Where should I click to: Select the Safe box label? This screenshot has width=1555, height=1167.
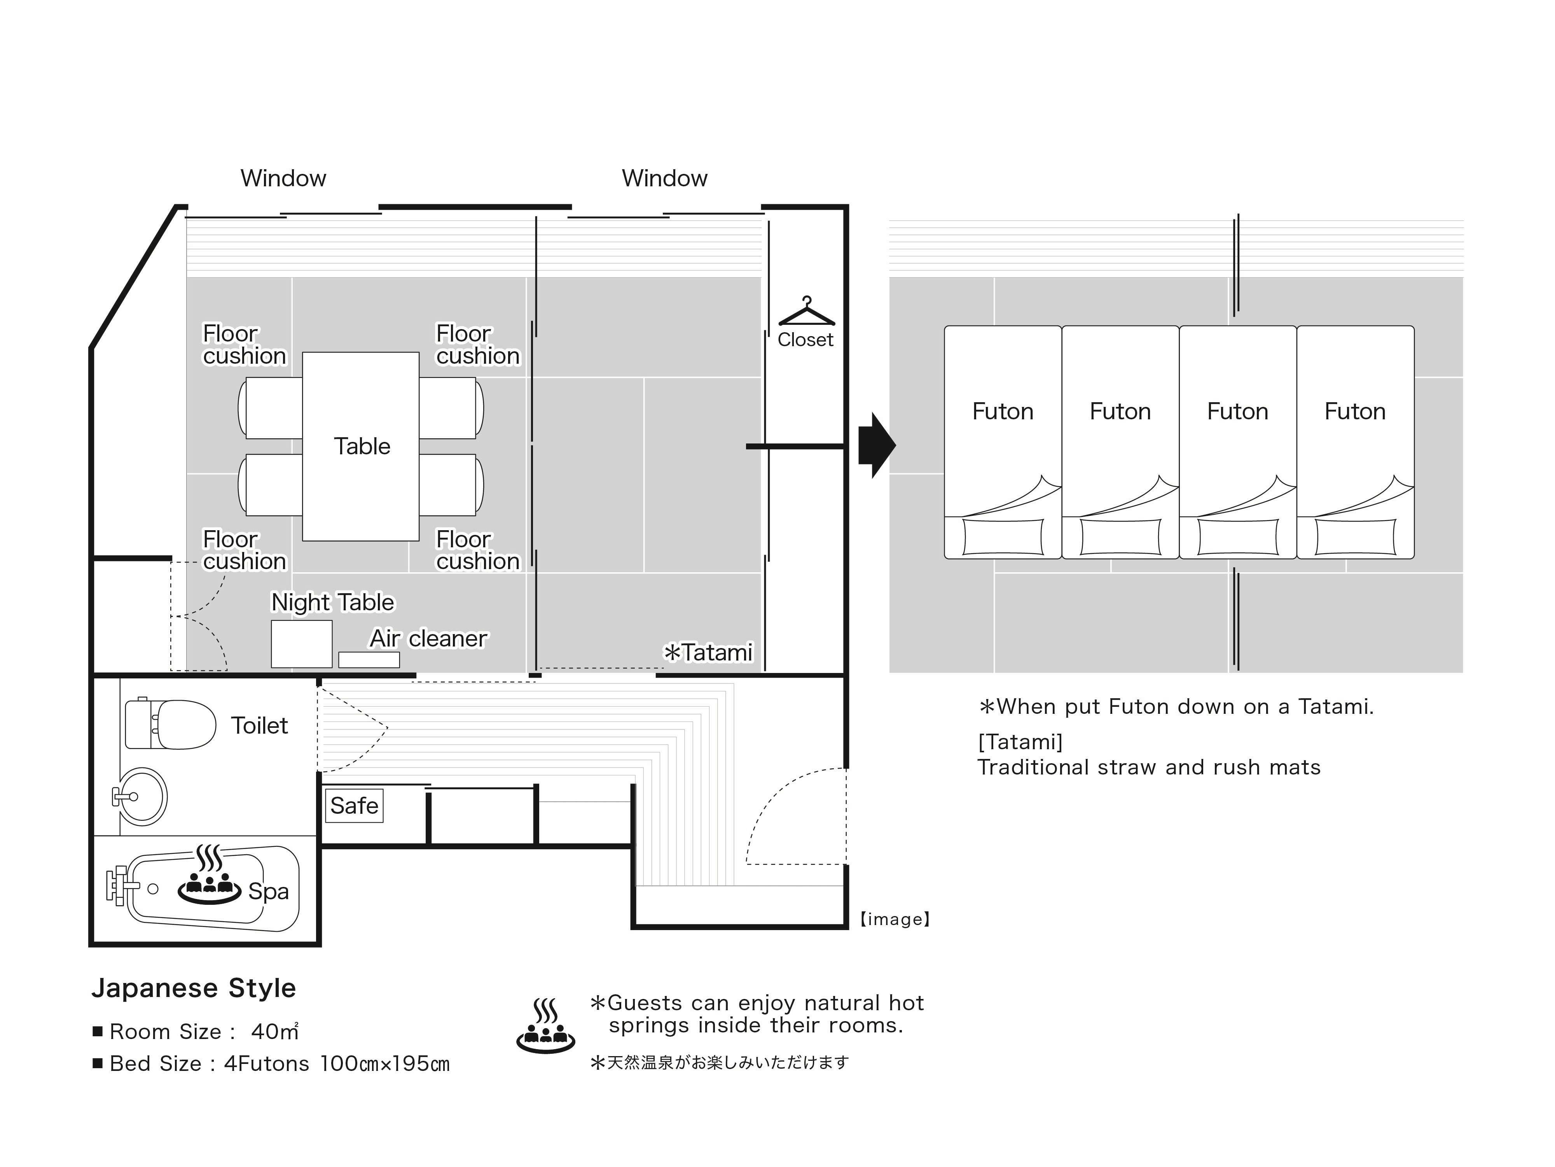(354, 806)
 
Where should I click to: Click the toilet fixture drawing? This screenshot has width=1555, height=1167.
(170, 724)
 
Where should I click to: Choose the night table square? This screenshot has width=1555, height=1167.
(302, 644)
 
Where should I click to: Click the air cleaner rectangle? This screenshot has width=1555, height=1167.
(369, 660)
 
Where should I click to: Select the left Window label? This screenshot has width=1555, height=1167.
(283, 178)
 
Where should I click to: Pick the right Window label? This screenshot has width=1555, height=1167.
(664, 178)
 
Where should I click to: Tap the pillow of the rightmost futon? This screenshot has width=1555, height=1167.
(1355, 538)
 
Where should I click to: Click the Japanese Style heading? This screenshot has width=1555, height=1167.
(193, 988)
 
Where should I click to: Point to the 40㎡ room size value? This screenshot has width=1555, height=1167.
(275, 1031)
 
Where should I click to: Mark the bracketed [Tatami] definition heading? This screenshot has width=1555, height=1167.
(1020, 742)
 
